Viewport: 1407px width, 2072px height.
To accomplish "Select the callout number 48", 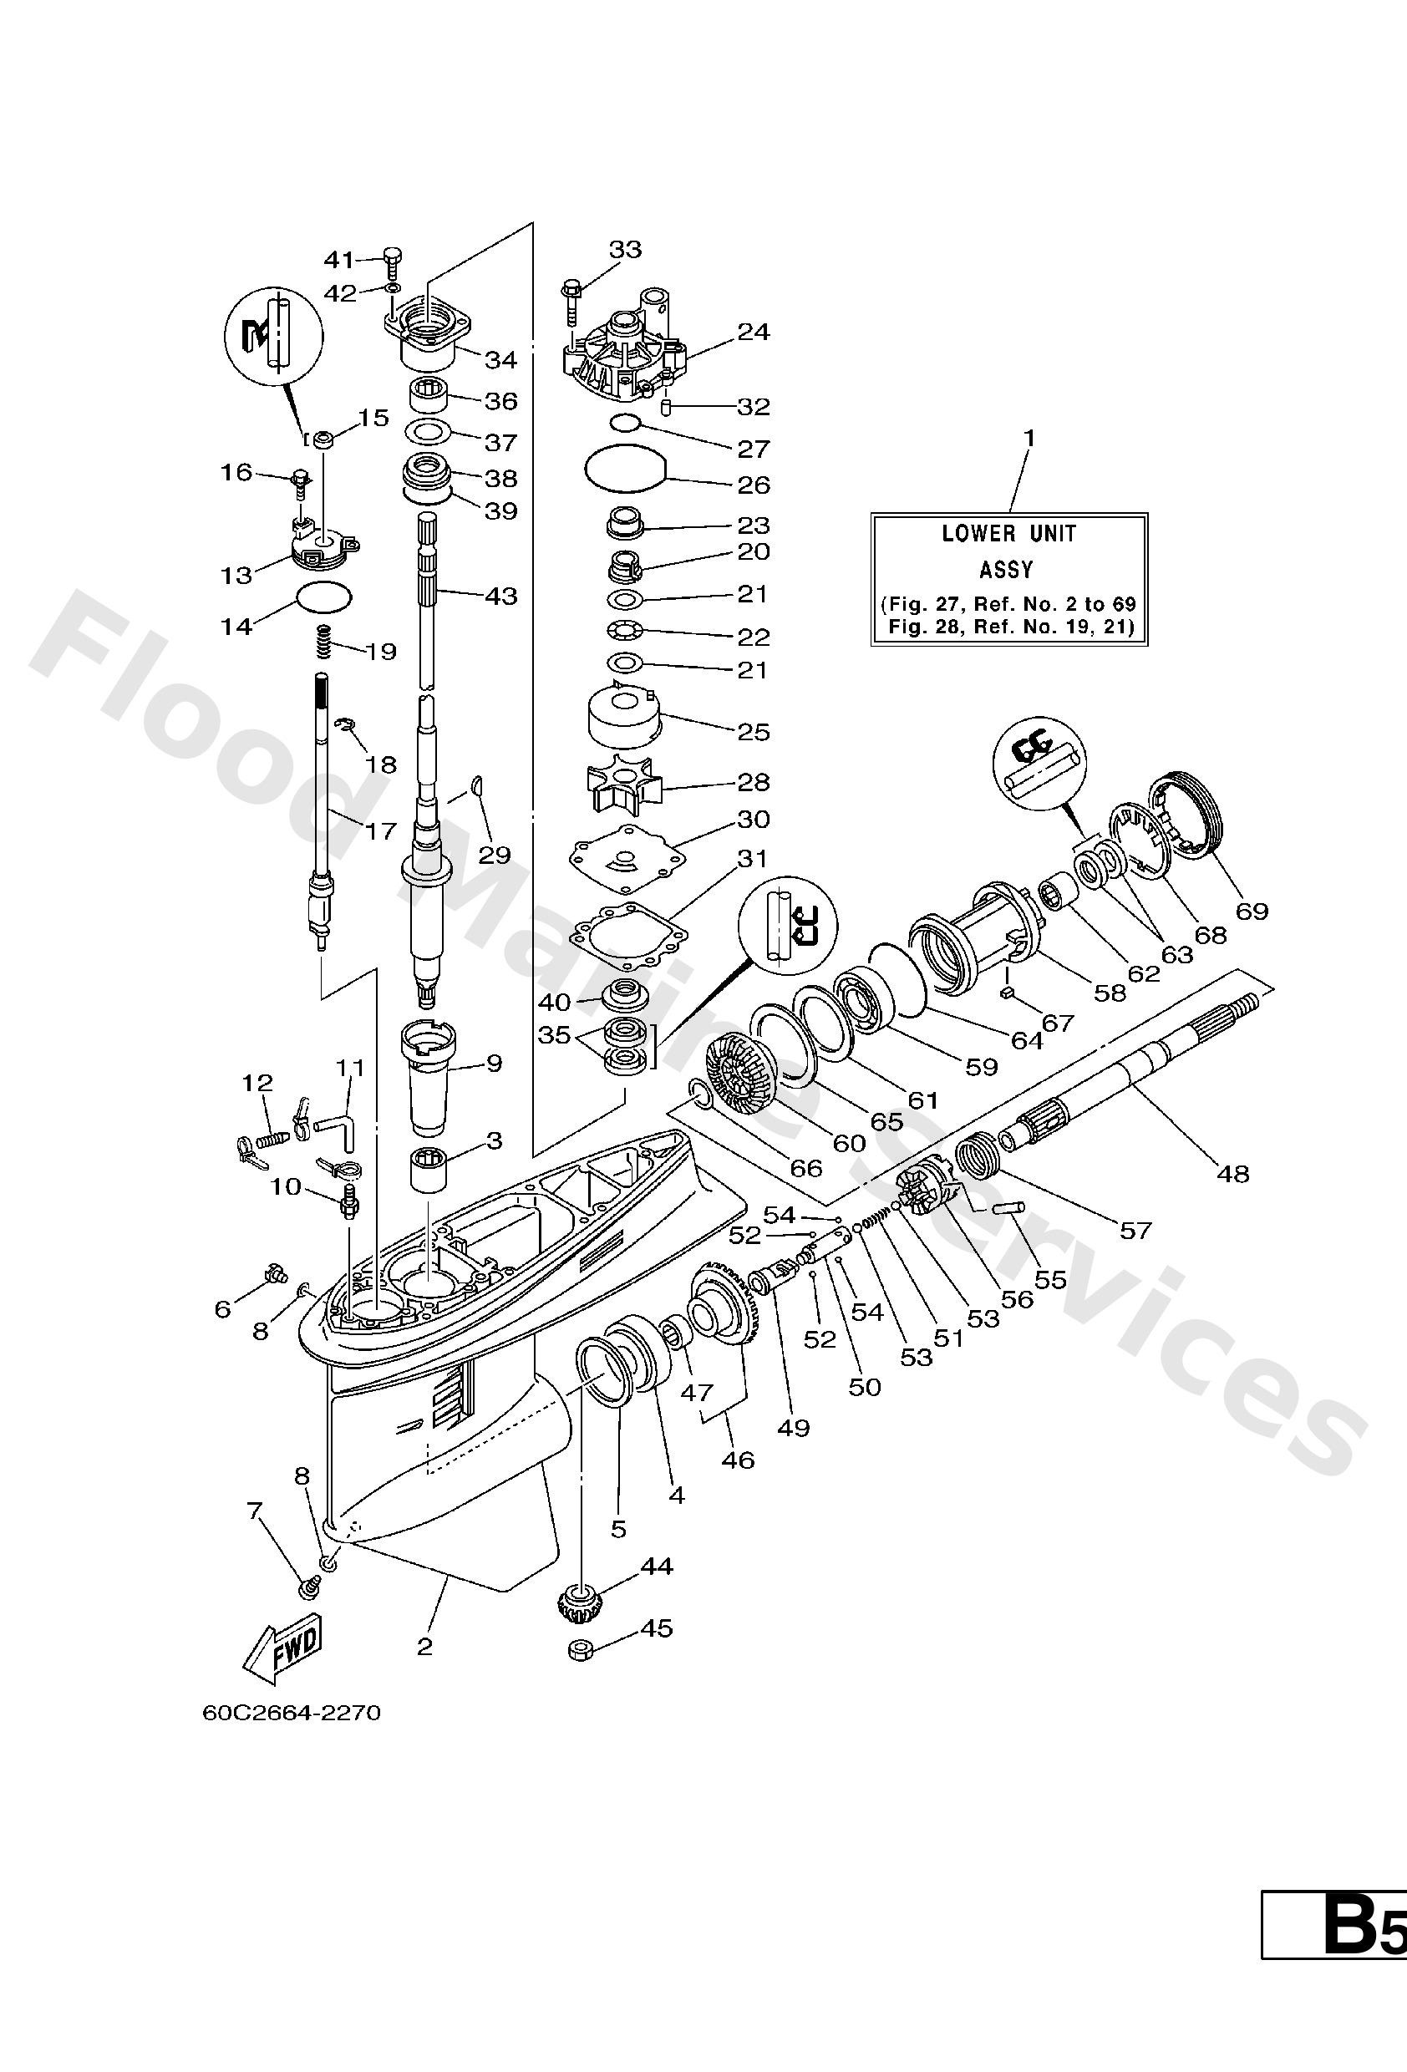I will (1233, 1174).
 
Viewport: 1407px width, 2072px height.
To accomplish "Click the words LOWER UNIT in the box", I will (1008, 534).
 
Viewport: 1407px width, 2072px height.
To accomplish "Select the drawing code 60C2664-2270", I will (291, 1713).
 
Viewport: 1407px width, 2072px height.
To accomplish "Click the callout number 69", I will (1251, 912).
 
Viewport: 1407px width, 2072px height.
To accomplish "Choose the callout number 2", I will (424, 1646).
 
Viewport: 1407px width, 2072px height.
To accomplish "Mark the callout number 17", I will (381, 831).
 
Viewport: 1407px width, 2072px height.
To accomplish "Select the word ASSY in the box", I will (1006, 569).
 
